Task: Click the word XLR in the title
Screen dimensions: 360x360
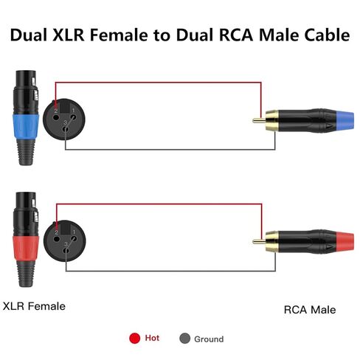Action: tap(69, 35)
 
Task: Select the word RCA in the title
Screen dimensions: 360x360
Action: tap(236, 35)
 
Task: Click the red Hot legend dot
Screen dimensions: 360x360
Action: tap(134, 338)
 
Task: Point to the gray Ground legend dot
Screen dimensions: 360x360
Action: tap(184, 339)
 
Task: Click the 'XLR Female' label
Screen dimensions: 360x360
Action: tap(34, 306)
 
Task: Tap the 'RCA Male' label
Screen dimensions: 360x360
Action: tap(310, 310)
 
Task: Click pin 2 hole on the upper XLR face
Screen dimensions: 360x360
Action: tap(56, 117)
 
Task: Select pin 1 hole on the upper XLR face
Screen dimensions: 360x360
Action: tap(73, 117)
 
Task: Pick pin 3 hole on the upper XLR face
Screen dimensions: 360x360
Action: tap(66, 128)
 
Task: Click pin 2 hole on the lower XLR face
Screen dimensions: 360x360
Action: tap(57, 239)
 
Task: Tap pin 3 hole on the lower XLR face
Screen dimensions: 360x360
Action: tap(66, 250)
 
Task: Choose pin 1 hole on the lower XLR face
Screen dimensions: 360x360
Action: tap(74, 238)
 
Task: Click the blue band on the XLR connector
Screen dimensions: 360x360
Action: tap(26, 126)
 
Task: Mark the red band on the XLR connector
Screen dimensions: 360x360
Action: tap(26, 248)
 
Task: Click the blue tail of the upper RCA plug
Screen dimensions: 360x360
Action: tap(345, 121)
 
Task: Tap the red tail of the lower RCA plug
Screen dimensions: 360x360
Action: tap(345, 242)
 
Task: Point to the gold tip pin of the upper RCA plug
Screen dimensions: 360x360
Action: tap(259, 120)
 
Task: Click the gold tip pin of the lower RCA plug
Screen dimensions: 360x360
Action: tap(259, 241)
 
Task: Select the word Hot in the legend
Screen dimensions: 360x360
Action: tap(152, 338)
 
